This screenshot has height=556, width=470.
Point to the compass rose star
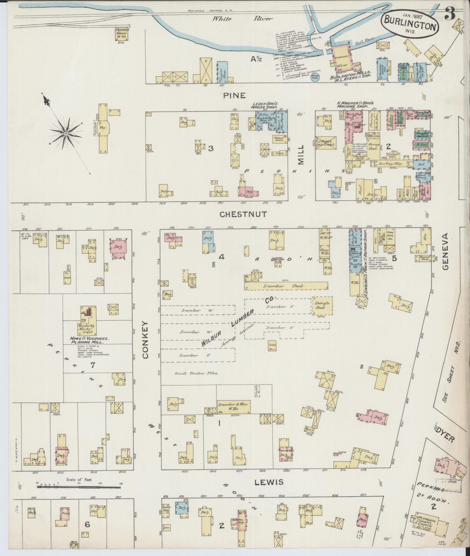(66, 133)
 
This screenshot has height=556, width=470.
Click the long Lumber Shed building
(286, 286)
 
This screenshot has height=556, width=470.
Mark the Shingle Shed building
(322, 306)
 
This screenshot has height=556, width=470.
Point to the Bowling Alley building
(394, 164)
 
